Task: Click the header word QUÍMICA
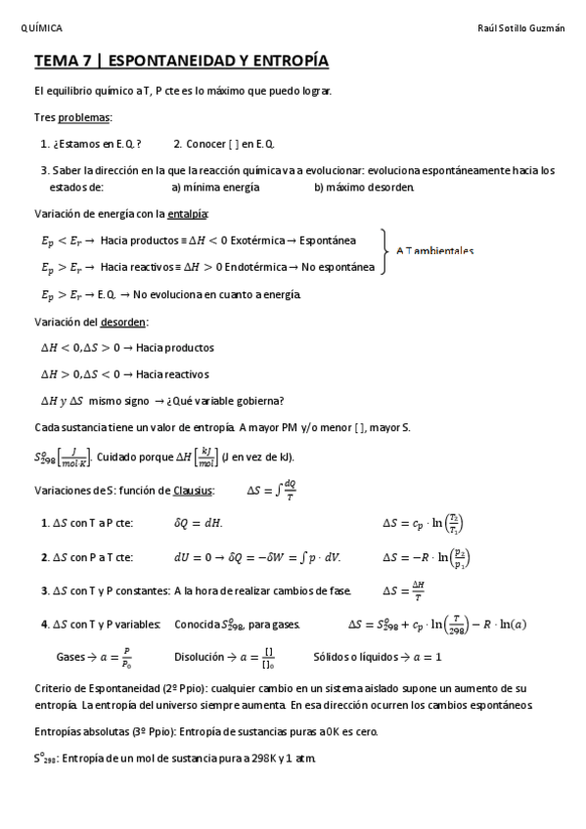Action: point(41,28)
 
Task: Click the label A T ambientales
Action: point(434,251)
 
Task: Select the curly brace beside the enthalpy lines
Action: point(386,252)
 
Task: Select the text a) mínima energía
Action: point(215,187)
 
